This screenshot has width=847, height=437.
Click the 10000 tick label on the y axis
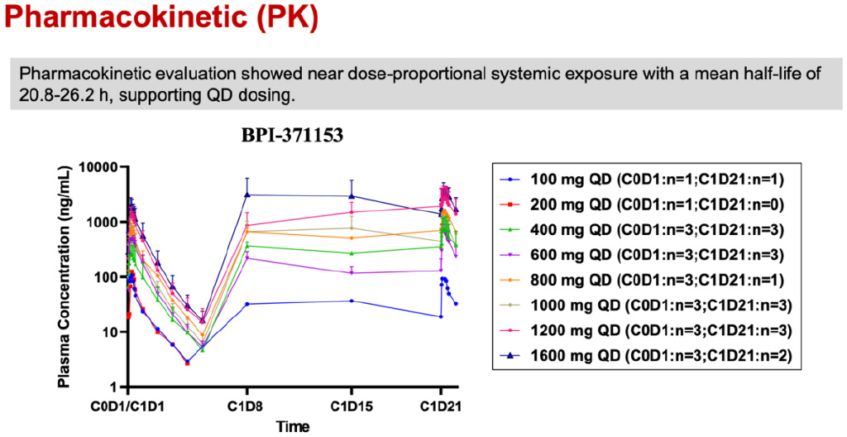coord(99,167)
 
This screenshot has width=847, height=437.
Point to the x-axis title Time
coord(294,427)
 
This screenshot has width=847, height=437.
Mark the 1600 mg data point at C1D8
coord(246,195)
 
